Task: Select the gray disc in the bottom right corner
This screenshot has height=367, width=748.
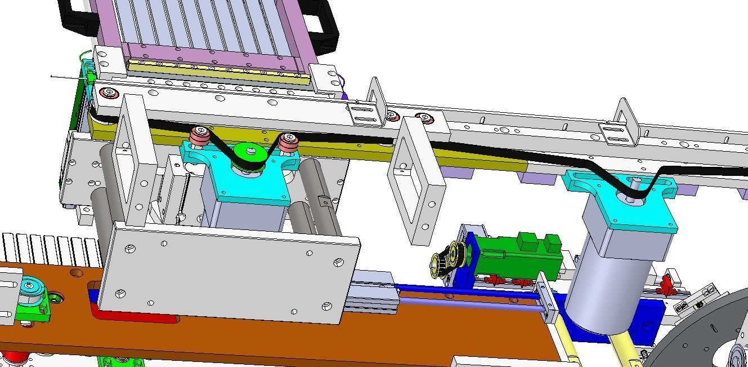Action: click(x=709, y=333)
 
